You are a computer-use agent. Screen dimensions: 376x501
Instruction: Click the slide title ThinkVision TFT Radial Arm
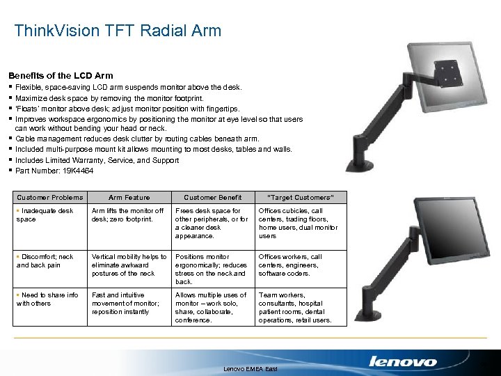coord(118,31)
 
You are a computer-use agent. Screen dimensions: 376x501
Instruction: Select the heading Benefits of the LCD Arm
coord(61,75)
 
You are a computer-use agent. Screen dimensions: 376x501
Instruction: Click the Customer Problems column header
coord(49,198)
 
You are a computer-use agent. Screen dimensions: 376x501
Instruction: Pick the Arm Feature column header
coord(129,198)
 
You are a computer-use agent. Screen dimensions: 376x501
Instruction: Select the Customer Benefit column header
coord(212,198)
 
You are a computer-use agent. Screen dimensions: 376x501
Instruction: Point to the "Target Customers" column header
coord(296,198)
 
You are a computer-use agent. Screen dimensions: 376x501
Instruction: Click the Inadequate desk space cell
coord(45,214)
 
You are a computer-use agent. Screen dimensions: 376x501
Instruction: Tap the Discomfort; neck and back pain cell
coord(45,260)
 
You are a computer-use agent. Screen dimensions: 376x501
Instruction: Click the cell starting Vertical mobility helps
coord(129,265)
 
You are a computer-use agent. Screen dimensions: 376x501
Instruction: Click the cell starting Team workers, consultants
coord(295,308)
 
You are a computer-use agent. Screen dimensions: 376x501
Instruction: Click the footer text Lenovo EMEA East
coord(250,368)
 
